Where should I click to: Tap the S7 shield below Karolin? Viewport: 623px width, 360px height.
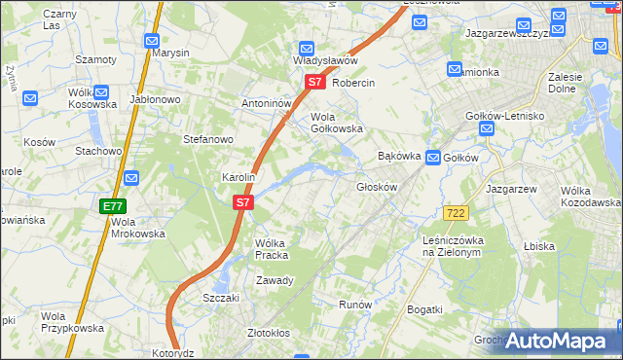coord(243,203)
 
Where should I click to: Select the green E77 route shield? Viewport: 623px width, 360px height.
coord(112,206)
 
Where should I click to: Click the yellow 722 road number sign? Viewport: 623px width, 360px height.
coord(455,212)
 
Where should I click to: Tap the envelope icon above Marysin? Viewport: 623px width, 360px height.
coord(151,41)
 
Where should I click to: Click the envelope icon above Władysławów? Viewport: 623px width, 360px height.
coord(306,48)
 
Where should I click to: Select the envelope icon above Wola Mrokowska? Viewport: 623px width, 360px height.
coord(130,179)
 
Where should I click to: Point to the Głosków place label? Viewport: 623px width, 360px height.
coord(378,187)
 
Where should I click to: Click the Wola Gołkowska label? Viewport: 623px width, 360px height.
coord(336,122)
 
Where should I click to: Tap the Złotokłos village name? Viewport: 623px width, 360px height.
coord(269,333)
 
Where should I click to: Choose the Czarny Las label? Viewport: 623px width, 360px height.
coord(58,19)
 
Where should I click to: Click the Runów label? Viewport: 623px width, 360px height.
coord(355,305)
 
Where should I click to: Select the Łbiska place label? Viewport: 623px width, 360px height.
coord(538,246)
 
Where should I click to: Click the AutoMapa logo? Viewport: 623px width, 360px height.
coord(556,341)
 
